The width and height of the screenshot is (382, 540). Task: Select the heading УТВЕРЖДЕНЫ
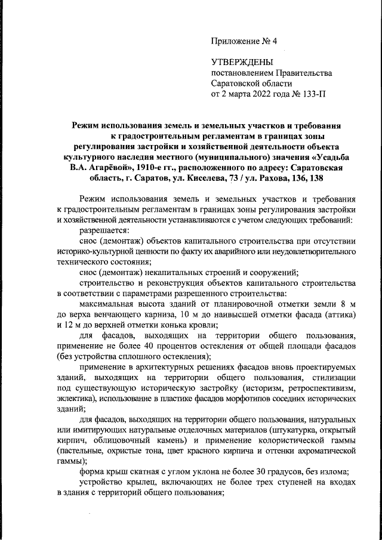tap(242, 63)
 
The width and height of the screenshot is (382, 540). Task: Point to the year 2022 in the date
tap(258, 94)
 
